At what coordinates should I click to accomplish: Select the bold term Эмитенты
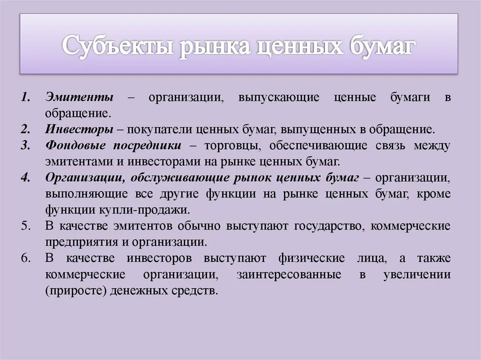pyautogui.click(x=79, y=98)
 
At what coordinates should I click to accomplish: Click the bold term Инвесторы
pyautogui.click(x=79, y=129)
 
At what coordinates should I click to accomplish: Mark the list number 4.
pyautogui.click(x=26, y=177)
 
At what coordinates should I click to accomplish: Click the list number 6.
pyautogui.click(x=26, y=258)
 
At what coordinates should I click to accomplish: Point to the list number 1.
pyautogui.click(x=26, y=98)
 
